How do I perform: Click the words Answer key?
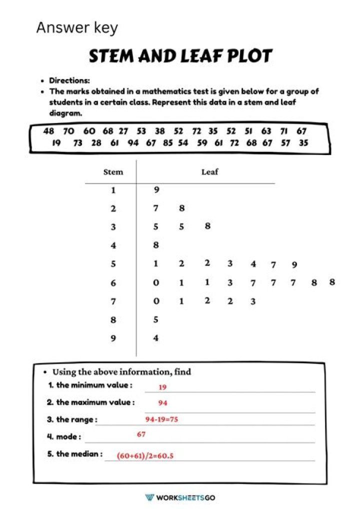[x=77, y=27]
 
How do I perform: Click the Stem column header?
[x=113, y=172]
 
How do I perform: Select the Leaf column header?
[x=210, y=172]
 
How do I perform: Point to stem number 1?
[x=113, y=190]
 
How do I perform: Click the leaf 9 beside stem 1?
[x=156, y=190]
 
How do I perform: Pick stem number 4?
[x=113, y=245]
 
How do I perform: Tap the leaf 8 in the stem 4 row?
[x=156, y=245]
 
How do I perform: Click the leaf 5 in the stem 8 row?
[x=156, y=319]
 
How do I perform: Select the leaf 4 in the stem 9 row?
[x=156, y=338]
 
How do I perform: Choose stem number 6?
[x=113, y=283]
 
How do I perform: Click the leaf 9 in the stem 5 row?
[x=294, y=265]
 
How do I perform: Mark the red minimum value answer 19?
[x=162, y=387]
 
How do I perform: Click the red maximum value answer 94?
[x=163, y=403]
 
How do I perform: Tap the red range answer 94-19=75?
[x=161, y=419]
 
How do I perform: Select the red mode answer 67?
[x=141, y=435]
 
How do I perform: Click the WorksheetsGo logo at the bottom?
[x=179, y=497]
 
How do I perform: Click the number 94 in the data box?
[x=133, y=143]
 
